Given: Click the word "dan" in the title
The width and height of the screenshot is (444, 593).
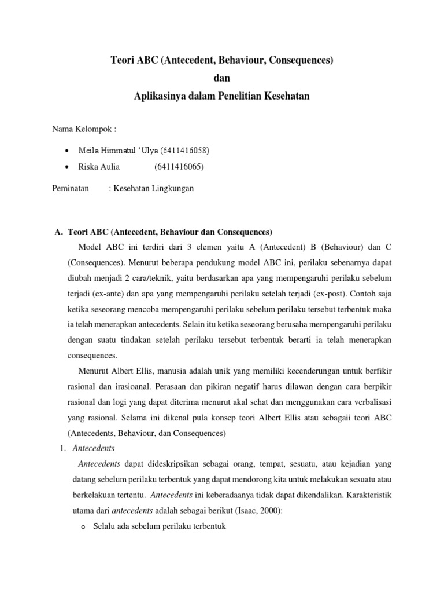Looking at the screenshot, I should [x=222, y=78].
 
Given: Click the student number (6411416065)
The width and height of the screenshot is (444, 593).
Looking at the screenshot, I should [x=179, y=167].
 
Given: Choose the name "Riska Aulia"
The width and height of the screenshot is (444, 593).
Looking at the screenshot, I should [x=99, y=167].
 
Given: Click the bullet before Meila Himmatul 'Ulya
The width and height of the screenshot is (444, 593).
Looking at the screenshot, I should [x=68, y=151].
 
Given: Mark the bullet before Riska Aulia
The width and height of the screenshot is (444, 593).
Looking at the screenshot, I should [x=68, y=167].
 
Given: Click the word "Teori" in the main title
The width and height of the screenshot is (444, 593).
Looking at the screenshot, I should [x=122, y=60].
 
